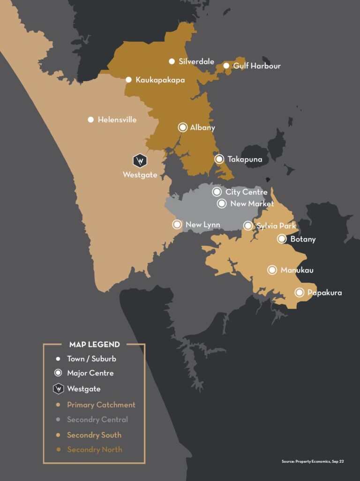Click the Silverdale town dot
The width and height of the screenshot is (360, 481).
(x=172, y=61)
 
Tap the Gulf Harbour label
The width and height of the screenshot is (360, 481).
(x=257, y=66)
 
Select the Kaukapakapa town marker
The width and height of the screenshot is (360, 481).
(x=128, y=80)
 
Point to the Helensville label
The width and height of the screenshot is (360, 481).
(x=117, y=120)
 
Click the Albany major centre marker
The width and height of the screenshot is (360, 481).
(x=183, y=127)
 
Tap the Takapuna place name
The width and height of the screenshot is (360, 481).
(x=245, y=159)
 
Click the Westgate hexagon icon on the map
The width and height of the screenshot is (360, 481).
(x=139, y=161)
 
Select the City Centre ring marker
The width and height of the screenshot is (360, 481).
(x=217, y=192)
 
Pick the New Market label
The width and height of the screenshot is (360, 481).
(x=252, y=204)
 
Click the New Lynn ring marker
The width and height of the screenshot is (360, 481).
(x=177, y=224)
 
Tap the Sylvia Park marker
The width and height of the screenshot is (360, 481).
(x=248, y=226)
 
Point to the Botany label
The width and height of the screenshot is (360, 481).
(x=303, y=239)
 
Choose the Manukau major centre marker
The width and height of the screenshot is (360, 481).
(x=272, y=270)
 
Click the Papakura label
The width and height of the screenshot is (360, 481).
(x=324, y=293)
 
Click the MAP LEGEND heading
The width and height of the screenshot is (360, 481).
(x=94, y=344)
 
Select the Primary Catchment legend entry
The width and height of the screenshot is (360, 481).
(x=101, y=405)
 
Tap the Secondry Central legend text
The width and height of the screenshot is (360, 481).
(x=97, y=420)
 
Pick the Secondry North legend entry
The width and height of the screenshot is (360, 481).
(x=94, y=450)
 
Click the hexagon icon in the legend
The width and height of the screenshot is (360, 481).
(x=58, y=389)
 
